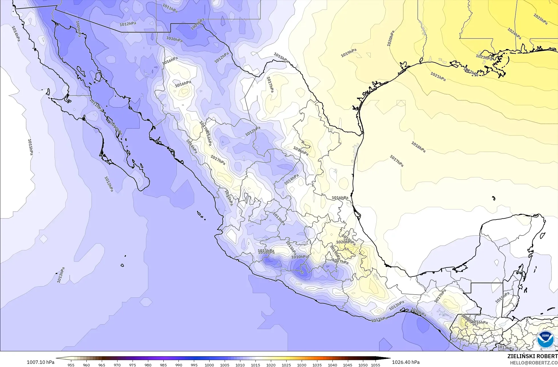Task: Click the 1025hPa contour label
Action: tap(540, 19)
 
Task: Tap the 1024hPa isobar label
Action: tap(514, 33)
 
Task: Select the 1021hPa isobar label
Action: tap(438, 76)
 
